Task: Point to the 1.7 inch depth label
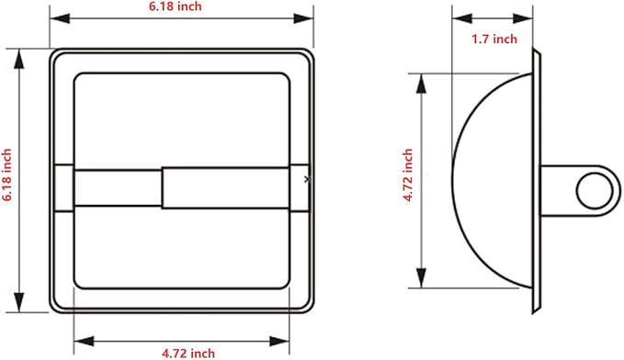(x=494, y=39)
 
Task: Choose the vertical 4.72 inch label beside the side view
(x=407, y=179)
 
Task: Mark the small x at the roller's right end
(x=306, y=181)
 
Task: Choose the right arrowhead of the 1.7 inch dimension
(x=533, y=18)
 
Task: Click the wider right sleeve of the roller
(x=225, y=187)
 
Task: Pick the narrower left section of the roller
(x=118, y=187)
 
